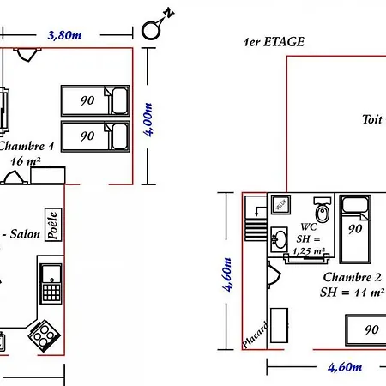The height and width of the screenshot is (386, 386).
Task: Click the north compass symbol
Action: point(154,27)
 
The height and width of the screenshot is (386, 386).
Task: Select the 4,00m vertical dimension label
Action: point(150,120)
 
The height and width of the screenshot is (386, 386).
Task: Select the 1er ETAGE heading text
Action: point(274,41)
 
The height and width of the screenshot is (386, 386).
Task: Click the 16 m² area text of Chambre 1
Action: point(27,160)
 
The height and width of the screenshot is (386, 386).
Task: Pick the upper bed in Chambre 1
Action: point(93,100)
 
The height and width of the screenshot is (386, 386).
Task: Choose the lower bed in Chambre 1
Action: point(93,136)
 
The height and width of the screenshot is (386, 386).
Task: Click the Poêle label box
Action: point(52,227)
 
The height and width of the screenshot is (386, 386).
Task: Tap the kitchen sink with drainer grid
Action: point(51,283)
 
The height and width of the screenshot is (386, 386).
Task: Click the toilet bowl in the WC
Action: point(323,211)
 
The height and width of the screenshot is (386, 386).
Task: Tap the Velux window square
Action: point(280,204)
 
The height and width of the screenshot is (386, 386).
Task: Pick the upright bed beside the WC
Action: point(354,227)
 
